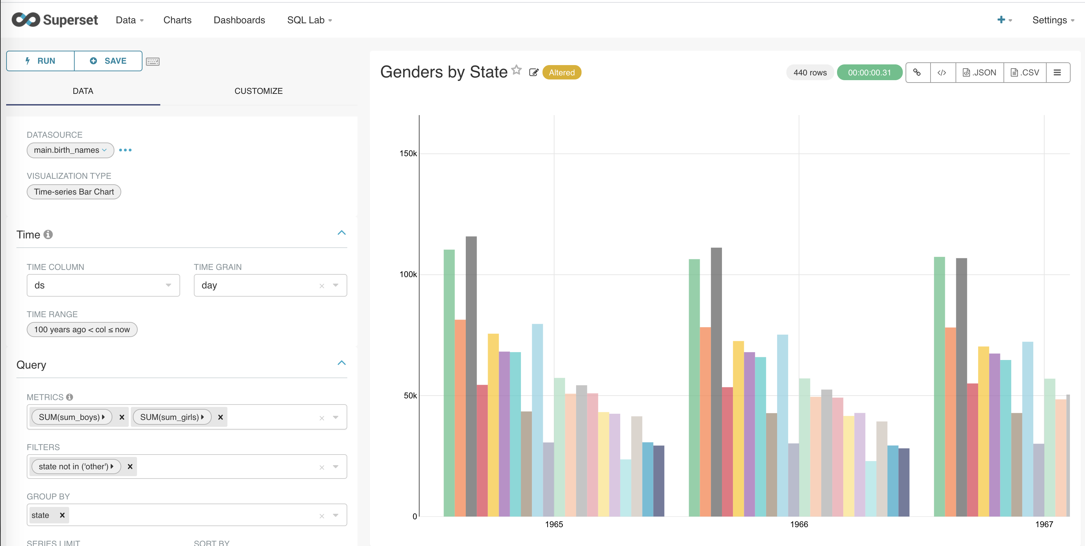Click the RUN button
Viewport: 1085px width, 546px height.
pyautogui.click(x=40, y=61)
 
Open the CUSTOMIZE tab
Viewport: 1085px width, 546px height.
pyautogui.click(x=258, y=91)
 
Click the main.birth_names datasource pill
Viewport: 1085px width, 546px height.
pyautogui.click(x=70, y=150)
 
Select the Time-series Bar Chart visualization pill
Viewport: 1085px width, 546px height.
pyautogui.click(x=74, y=192)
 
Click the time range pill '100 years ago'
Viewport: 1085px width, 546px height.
pyautogui.click(x=82, y=330)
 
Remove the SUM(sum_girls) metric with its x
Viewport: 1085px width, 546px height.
pyautogui.click(x=220, y=417)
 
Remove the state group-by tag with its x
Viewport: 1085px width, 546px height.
pyautogui.click(x=62, y=515)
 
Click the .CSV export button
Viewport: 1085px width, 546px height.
pyautogui.click(x=1025, y=73)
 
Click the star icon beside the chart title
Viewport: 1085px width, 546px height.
pyautogui.click(x=516, y=70)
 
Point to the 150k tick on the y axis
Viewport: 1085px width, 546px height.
pyautogui.click(x=408, y=153)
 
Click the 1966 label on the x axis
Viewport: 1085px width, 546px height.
pyautogui.click(x=799, y=524)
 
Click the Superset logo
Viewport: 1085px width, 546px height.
pyautogui.click(x=55, y=20)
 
